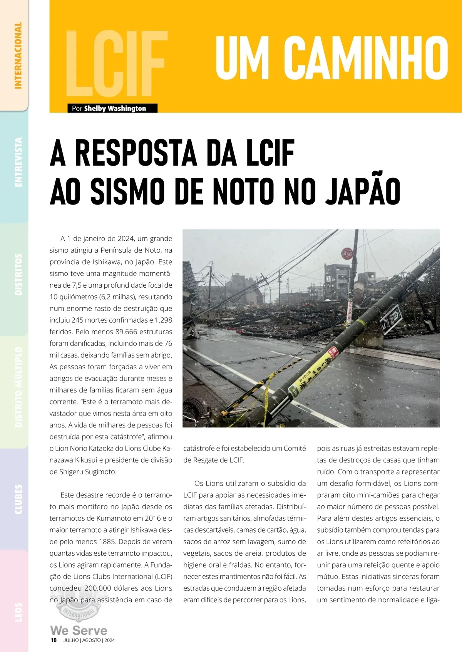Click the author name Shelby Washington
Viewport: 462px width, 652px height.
[115, 109]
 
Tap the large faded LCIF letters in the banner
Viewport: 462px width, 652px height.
[117, 64]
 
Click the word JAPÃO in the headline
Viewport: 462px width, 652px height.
[363, 191]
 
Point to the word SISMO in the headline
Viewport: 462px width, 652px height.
[128, 191]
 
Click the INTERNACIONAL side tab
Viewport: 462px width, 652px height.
[18, 55]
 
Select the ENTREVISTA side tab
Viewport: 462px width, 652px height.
[18, 162]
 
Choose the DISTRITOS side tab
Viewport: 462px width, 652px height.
[18, 274]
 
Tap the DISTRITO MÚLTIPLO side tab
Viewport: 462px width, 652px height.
[18, 387]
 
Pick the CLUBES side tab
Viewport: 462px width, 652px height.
[18, 499]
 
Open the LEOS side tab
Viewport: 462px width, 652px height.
[18, 612]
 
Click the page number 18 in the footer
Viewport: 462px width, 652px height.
[54, 640]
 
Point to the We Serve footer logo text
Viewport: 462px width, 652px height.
[79, 630]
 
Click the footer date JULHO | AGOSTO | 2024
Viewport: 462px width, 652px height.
[89, 640]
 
